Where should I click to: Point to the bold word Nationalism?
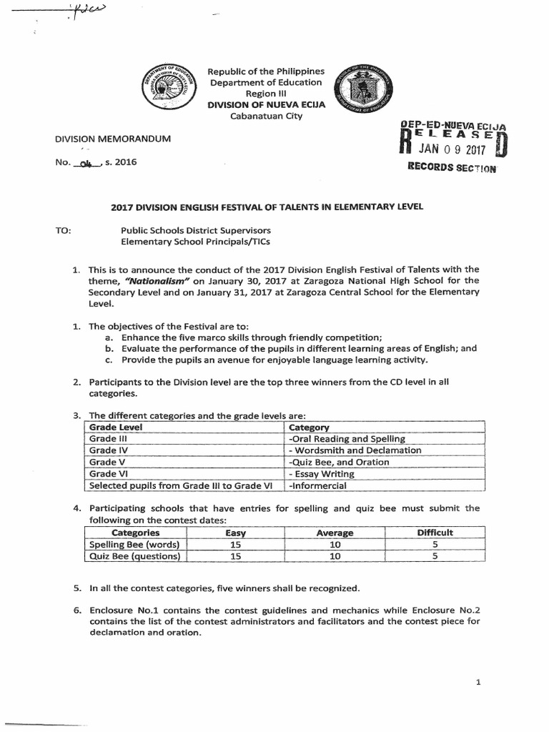[156, 281]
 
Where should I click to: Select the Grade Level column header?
[116, 427]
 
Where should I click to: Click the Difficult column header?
[435, 533]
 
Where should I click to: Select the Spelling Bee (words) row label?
[133, 544]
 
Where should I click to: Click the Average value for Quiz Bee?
[334, 556]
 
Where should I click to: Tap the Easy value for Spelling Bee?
[235, 544]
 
